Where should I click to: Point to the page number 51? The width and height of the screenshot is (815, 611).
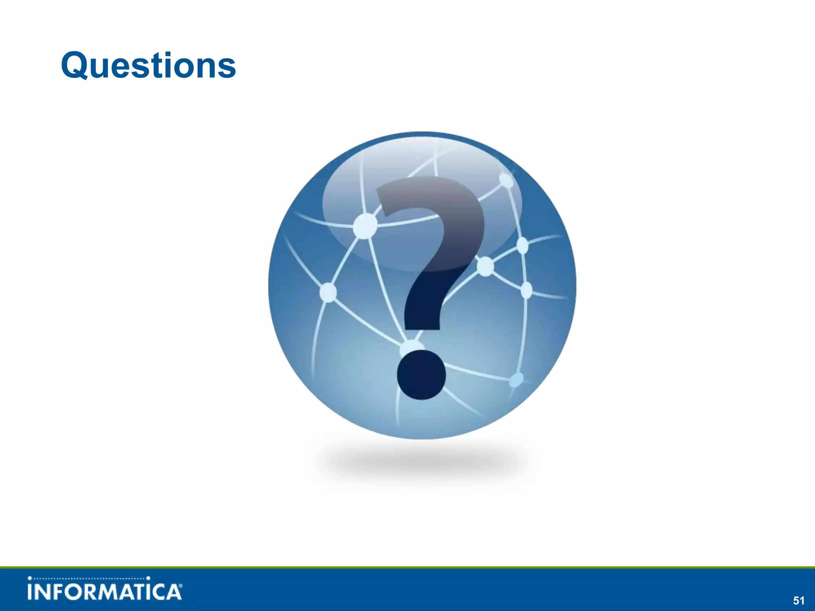click(799, 600)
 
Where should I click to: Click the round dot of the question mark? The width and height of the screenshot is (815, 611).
click(421, 375)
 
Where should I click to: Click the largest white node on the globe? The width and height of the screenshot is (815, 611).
click(365, 226)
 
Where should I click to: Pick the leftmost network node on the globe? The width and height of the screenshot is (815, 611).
click(328, 292)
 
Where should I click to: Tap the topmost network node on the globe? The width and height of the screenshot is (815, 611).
click(506, 180)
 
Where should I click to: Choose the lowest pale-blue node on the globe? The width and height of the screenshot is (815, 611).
click(516, 380)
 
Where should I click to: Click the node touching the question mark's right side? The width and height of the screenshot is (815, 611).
click(485, 266)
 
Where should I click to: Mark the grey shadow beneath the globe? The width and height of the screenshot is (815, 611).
click(422, 461)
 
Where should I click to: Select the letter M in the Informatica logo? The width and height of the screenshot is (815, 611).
click(112, 592)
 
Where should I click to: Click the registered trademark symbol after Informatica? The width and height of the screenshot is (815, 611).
click(181, 586)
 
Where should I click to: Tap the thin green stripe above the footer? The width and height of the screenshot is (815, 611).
click(407, 567)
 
